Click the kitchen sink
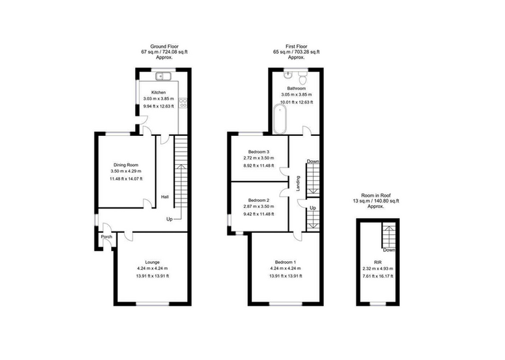(x=164, y=76)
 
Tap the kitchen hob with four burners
(x=183, y=103)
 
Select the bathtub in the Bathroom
(x=279, y=118)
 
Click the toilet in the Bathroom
(x=303, y=77)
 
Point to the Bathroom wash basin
(x=288, y=75)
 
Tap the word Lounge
(x=152, y=262)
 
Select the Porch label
(x=106, y=237)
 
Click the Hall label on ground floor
(x=165, y=197)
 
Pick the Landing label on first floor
(x=298, y=184)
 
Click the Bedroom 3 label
(x=259, y=152)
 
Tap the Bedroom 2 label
(x=259, y=200)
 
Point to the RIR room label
(x=378, y=262)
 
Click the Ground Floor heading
(x=164, y=46)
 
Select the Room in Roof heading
(x=376, y=195)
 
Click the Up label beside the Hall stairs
(x=170, y=219)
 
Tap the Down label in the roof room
(x=389, y=250)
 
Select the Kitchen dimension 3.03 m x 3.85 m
(x=158, y=99)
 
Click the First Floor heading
(x=296, y=46)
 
